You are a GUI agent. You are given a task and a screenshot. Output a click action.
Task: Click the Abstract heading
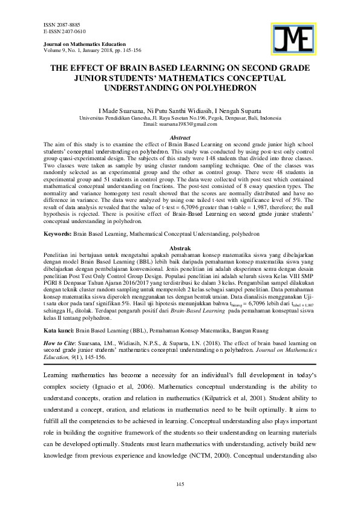pos(180,138)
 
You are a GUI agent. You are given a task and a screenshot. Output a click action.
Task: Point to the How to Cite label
pos(59,343)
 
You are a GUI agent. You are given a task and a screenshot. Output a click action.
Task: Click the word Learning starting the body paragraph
pos(57,375)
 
